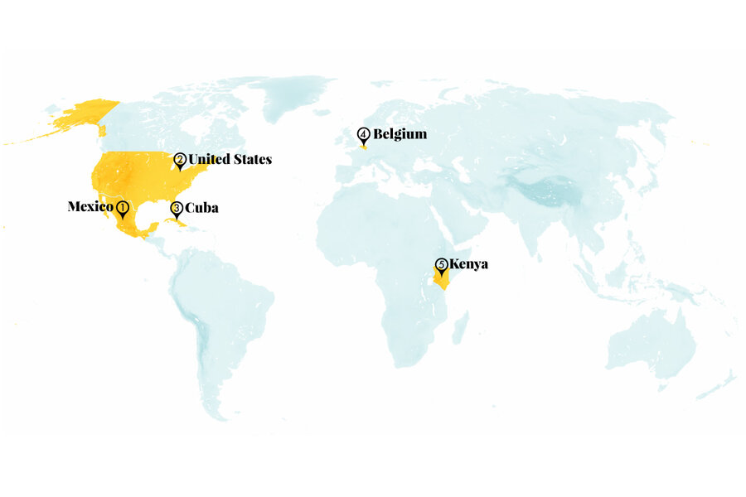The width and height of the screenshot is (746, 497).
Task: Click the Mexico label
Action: [x=90, y=206]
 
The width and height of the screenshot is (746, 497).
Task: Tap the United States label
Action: [x=230, y=159]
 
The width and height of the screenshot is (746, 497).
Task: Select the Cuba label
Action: [x=201, y=208]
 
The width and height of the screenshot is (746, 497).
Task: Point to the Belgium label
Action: [x=400, y=133]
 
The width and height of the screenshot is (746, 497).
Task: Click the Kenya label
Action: [x=468, y=264]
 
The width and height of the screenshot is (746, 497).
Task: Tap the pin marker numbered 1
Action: [x=122, y=208]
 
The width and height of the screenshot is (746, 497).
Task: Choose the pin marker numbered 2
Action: [x=179, y=161]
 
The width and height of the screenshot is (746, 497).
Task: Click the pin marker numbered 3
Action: [x=177, y=209]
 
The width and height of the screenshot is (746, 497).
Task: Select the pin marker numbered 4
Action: [x=364, y=135]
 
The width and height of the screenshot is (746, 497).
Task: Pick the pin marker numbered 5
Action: [x=441, y=266]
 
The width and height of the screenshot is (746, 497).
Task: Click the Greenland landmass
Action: [x=290, y=99]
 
